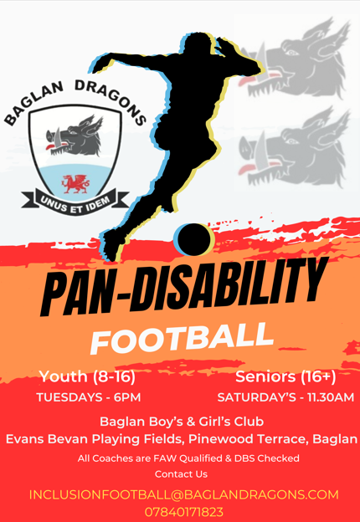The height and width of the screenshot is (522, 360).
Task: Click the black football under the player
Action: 193,239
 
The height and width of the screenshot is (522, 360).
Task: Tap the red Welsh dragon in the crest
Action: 75,183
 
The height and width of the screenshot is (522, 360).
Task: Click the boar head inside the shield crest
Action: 75,136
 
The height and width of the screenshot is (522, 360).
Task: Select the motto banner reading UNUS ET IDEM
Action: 75,202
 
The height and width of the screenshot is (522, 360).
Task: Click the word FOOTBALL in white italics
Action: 181,338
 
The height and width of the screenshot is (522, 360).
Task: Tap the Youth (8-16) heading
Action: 88,376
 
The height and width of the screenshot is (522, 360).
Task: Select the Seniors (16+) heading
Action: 285,376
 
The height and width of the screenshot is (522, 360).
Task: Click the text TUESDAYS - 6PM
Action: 89,397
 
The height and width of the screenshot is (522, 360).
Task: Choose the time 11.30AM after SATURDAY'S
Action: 331,397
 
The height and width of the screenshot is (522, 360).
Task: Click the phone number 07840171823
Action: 184,512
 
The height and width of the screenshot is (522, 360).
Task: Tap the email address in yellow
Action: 184,494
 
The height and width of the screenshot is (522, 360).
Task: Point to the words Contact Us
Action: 181,474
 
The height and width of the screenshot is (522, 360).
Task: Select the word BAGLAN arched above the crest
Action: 33,102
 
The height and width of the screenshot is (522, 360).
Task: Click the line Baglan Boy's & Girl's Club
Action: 182,422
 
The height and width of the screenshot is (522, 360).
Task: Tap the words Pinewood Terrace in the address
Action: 249,439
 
